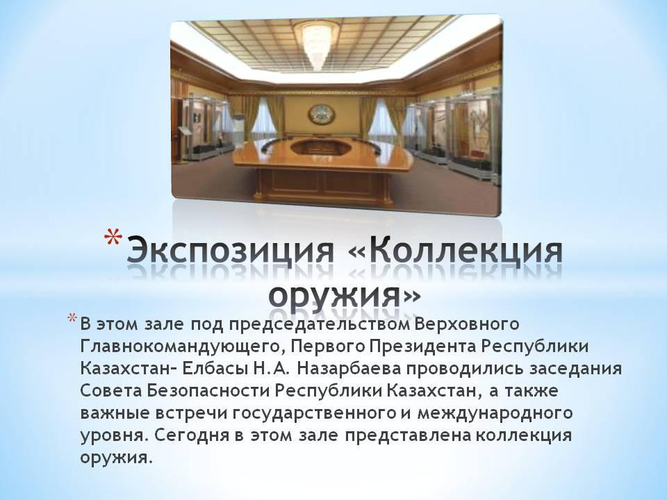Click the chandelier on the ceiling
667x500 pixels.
tap(317, 44)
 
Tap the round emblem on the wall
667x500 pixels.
tap(322, 115)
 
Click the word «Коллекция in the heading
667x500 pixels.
tap(454, 251)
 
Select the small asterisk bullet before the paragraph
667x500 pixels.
tap(73, 319)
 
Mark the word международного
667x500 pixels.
tap(495, 414)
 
